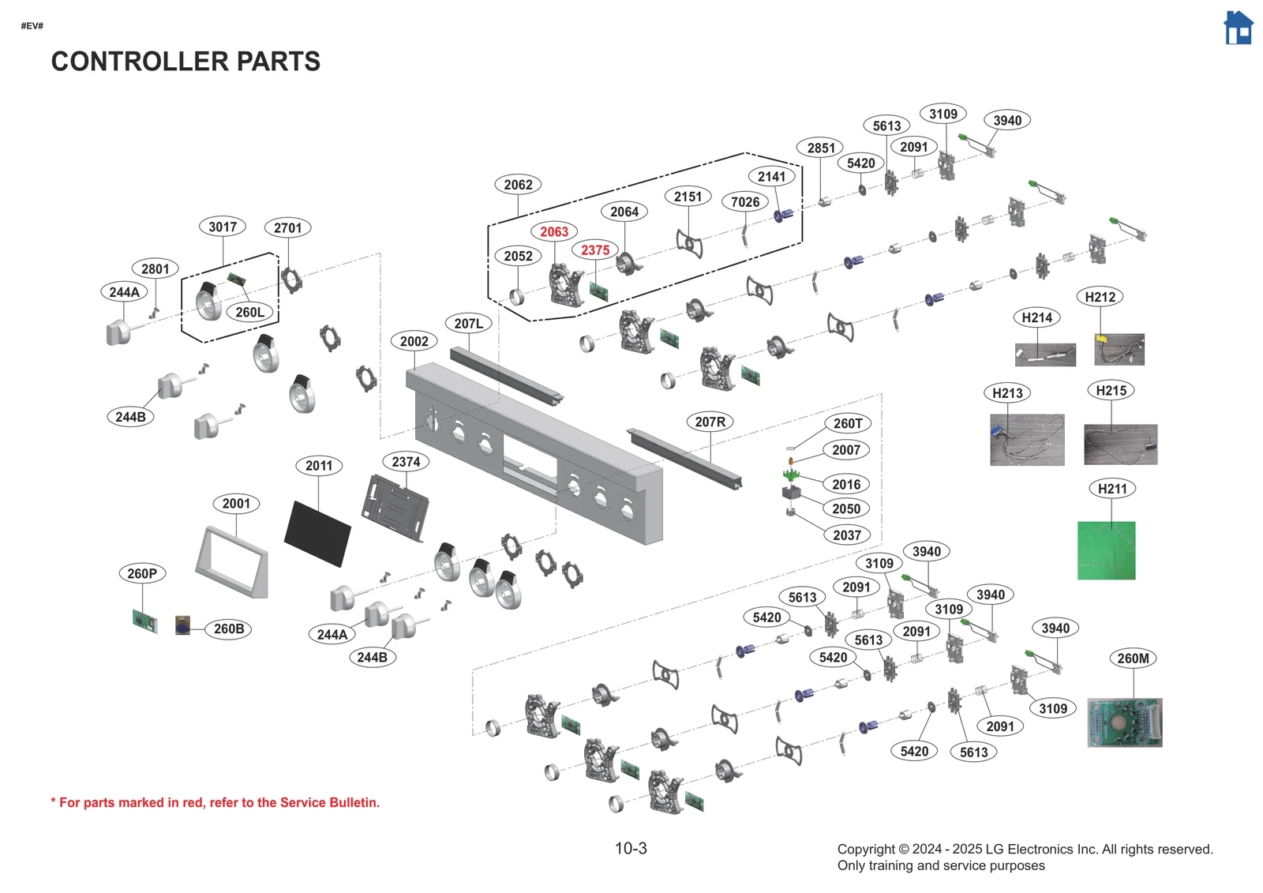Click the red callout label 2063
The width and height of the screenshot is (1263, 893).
[553, 231]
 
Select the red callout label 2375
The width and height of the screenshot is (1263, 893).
[595, 250]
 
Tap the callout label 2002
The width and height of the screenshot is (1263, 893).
[414, 341]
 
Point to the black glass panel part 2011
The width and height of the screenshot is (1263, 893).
[317, 533]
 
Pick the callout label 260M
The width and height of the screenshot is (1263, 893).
[1133, 658]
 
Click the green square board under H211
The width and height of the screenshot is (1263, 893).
[1106, 550]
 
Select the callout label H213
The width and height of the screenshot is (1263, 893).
[1007, 393]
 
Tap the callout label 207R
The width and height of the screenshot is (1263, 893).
[710, 422]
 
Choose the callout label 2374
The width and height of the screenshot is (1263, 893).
[406, 462]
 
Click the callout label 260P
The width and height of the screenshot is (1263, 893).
[142, 573]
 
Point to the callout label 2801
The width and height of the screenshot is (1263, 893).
[155, 268]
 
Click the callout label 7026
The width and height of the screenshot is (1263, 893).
[744, 202]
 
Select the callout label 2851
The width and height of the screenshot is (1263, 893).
[820, 148]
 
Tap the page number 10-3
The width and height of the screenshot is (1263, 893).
[631, 849]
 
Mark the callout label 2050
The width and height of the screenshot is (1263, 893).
[845, 509]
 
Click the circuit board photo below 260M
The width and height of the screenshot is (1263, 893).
[1124, 722]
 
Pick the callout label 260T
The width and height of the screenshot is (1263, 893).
[848, 423]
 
